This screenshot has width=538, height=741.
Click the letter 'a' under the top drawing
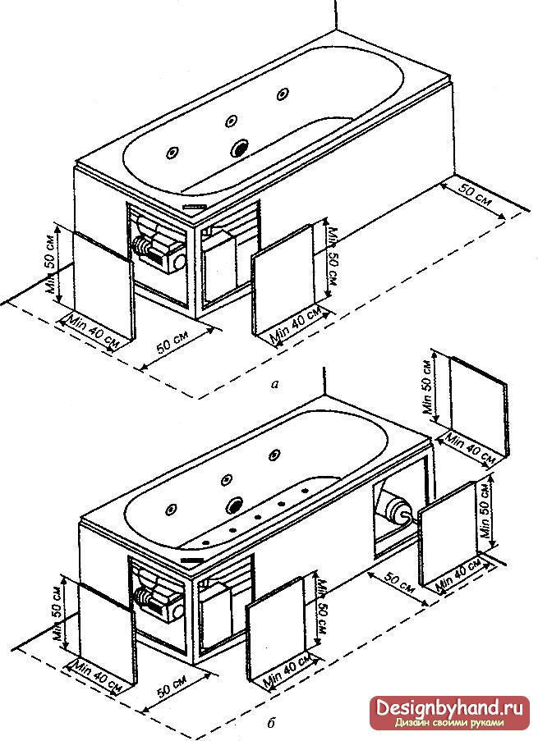point(274,384)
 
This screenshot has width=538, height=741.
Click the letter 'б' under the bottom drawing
point(271,723)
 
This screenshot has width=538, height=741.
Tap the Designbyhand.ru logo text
point(449,708)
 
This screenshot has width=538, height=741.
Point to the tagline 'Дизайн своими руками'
point(449,723)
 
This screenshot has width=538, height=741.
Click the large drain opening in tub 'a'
point(239,149)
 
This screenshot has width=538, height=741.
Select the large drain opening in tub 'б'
point(235,505)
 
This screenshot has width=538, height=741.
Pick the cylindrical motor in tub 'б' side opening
point(398,510)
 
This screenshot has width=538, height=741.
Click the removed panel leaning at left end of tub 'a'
point(104,286)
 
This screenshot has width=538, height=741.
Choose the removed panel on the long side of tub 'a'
point(283,281)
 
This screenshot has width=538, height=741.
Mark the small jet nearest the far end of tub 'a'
point(283,94)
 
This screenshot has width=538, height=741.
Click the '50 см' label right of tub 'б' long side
point(400,583)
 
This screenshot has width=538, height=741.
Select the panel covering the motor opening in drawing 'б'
point(447,533)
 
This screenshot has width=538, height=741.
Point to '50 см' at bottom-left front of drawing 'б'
point(172,684)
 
